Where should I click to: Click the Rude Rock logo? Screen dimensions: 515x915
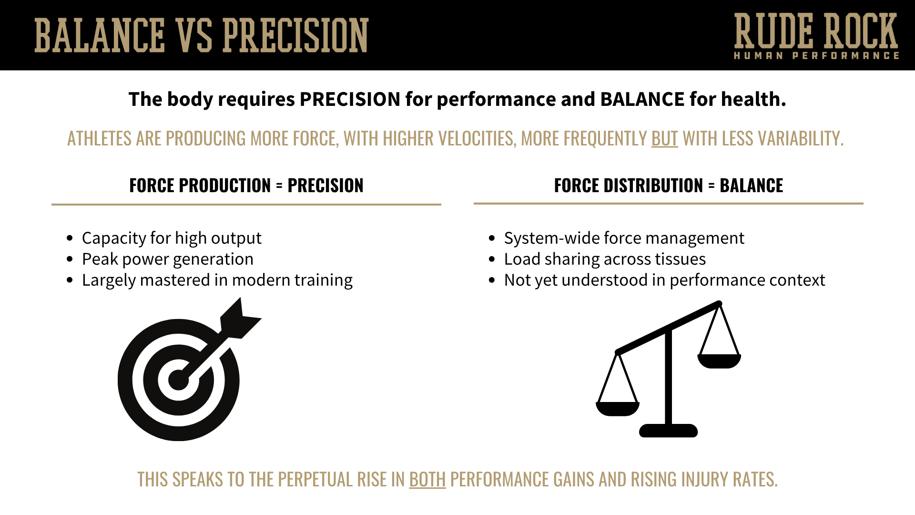[x=815, y=36]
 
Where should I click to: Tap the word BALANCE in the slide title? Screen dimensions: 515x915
[x=100, y=35]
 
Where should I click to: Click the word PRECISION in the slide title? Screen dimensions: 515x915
[x=295, y=35]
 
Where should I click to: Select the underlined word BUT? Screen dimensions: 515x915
[x=664, y=139]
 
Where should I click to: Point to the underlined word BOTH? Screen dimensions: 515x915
[x=427, y=480]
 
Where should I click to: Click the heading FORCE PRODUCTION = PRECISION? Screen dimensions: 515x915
[x=246, y=185]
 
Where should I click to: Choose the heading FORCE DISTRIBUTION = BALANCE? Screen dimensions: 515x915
[x=668, y=185]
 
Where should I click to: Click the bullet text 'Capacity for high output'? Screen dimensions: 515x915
[x=172, y=238]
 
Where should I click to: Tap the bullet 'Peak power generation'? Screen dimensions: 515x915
[x=167, y=259]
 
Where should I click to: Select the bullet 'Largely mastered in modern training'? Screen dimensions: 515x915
[x=217, y=280]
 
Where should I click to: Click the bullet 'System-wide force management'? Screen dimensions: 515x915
[x=624, y=238]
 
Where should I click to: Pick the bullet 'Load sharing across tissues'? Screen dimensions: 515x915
[x=605, y=259]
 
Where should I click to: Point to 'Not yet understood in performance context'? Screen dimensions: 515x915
[x=664, y=280]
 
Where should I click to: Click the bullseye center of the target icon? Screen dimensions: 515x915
[x=178, y=381]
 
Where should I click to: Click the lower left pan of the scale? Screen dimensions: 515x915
[x=618, y=409]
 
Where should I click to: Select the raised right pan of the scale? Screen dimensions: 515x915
[x=719, y=361]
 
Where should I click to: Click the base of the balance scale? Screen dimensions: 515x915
[x=668, y=431]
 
